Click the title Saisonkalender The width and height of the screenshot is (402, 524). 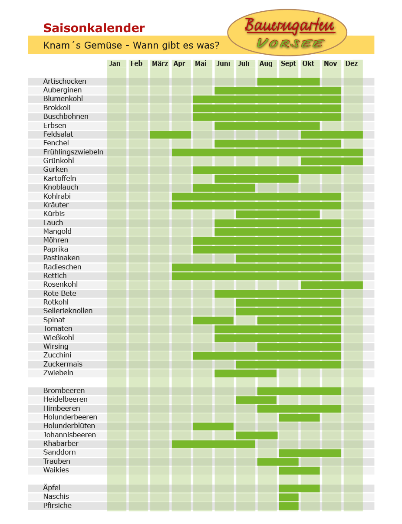pos(94,28)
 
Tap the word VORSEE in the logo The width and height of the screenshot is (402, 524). pos(290,43)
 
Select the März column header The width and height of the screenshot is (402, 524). pos(160,63)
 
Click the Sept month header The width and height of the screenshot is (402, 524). pos(288,64)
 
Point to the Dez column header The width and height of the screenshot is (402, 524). pos(351,63)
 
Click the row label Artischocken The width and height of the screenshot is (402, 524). pos(65,81)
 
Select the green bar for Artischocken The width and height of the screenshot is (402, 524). pos(288,82)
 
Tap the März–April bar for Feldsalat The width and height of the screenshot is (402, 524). pos(170,134)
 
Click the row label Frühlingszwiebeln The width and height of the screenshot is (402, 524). pos(73,152)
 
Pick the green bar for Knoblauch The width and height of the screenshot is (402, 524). pos(224,188)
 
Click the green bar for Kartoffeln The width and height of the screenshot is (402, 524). pos(256,179)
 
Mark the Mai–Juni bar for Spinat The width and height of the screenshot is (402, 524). pos(213,320)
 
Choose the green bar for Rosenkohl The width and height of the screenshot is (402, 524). pos(332,285)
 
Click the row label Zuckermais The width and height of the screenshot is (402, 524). pos(63,364)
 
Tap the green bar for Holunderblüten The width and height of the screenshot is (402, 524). pos(213,426)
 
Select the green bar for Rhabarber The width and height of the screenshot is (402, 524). pos(213,444)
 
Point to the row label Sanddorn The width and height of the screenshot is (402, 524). pos(59,452)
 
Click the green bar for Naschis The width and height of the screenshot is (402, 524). pos(289,497)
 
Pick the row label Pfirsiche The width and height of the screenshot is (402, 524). pos(57,505)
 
